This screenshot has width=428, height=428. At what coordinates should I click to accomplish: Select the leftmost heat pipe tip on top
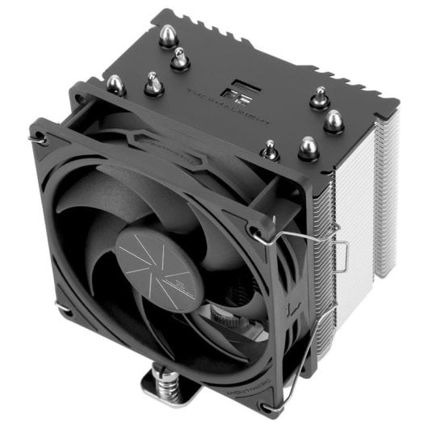click(x=115, y=83)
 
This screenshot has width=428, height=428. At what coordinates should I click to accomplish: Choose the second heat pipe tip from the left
click(x=152, y=82)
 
